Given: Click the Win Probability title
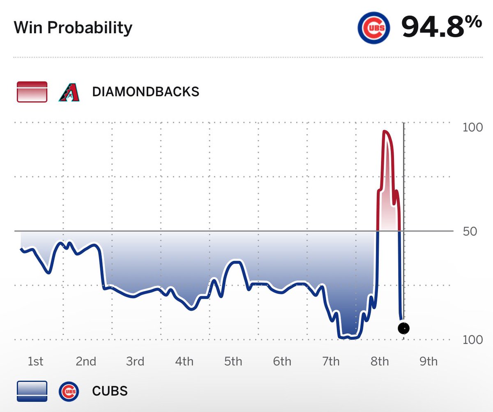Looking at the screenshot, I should tap(73, 28).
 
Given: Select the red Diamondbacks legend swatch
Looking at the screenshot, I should tap(32, 91).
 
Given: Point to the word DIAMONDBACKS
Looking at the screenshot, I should tap(146, 91).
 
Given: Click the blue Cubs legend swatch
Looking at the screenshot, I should tap(32, 391).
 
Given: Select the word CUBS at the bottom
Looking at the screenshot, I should tap(110, 391).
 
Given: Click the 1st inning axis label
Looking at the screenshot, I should tap(35, 361).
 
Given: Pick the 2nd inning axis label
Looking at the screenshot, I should tap(86, 361).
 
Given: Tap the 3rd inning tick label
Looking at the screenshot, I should tap(135, 361).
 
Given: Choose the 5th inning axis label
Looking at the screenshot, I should tap(233, 361).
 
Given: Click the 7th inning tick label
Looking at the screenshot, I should tap(331, 361).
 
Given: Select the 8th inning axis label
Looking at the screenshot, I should tap(380, 361).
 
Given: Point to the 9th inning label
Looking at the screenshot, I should tap(428, 361).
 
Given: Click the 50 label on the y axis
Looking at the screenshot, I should tap(470, 231).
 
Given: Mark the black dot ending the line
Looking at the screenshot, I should tap(404, 328).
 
